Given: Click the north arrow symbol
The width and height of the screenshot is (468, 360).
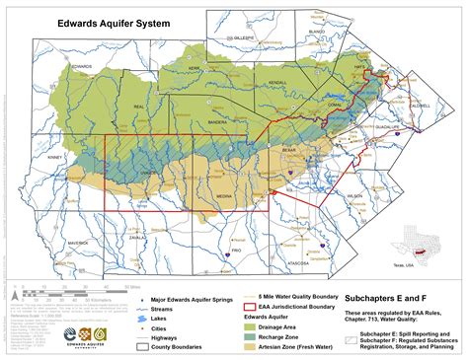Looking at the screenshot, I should (13, 291).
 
